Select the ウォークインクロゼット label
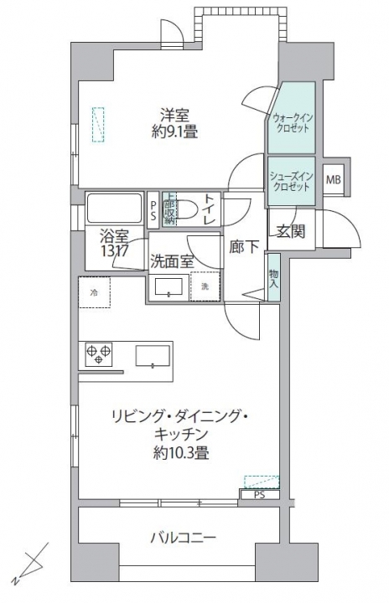tap(292, 123)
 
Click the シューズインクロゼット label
tap(291, 181)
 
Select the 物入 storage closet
tap(273, 279)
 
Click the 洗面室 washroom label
tap(172, 260)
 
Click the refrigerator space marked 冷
tap(94, 292)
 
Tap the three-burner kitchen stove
tap(99, 354)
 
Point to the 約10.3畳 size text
tap(180, 453)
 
